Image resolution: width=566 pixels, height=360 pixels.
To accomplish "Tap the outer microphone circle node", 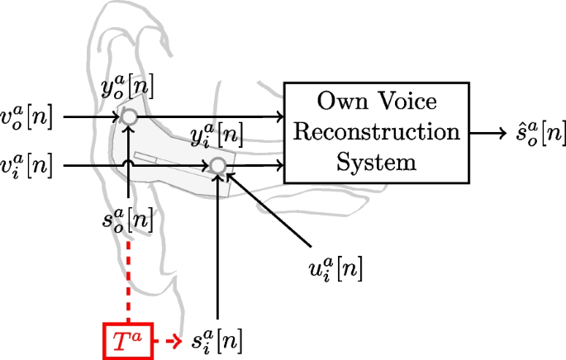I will point(129,117).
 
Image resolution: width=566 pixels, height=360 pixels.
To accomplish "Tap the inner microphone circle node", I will point(216,166).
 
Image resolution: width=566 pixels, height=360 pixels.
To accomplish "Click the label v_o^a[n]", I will point(29,117).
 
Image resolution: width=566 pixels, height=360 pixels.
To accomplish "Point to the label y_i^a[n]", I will point(216,134).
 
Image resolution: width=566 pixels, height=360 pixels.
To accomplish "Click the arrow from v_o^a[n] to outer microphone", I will point(91,117).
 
